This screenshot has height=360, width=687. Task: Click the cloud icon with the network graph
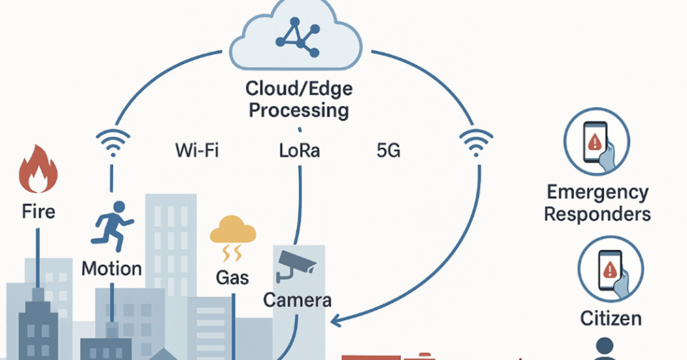point(296,36)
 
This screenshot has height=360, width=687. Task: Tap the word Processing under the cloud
point(299,110)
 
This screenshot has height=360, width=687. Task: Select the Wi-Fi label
point(197,151)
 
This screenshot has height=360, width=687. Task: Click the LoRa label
point(299,151)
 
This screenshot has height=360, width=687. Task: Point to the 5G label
point(388,151)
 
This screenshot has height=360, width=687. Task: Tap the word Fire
point(39,211)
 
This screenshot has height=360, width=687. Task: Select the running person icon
point(113,226)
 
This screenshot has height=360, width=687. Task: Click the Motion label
point(112,268)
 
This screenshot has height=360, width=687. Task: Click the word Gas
point(232,278)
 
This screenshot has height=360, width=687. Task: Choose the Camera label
point(297,300)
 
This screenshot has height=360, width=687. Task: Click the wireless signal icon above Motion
point(113,142)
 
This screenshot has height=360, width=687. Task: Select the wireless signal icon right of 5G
point(476,142)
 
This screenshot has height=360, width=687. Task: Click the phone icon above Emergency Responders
point(596,142)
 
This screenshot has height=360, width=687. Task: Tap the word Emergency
point(597,192)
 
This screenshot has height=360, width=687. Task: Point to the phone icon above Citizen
point(610,269)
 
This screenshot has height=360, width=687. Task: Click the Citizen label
point(610,318)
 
